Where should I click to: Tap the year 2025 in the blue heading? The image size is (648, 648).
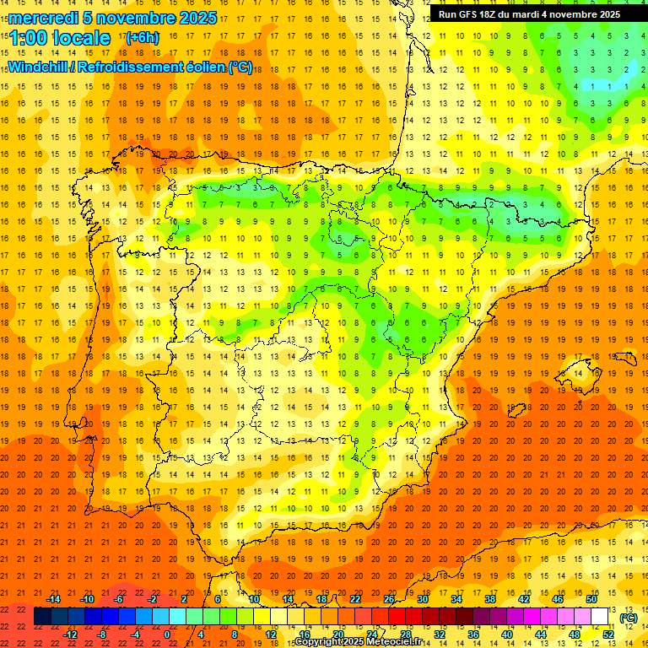point(193,18)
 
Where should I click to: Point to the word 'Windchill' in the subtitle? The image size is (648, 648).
point(38,67)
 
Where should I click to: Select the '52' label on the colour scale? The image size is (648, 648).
point(608,634)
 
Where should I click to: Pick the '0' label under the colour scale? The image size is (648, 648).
point(167,634)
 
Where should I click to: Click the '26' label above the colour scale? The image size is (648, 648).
point(389,598)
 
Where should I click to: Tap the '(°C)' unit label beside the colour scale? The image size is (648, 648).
point(629,618)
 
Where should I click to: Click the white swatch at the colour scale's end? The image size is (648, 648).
point(600,618)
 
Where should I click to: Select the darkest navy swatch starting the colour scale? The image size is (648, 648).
point(42,618)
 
